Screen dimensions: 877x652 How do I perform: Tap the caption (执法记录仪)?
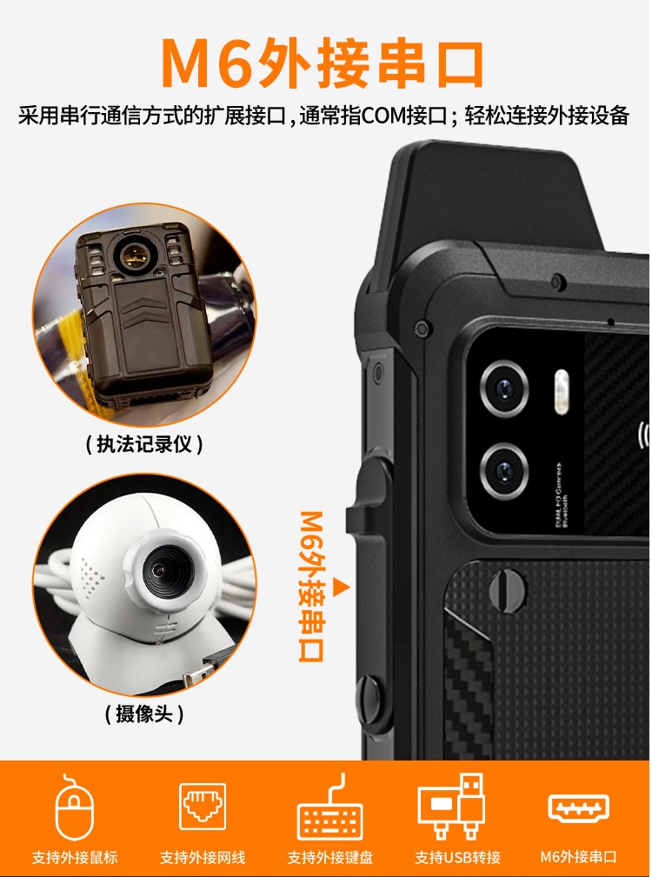click(x=144, y=445)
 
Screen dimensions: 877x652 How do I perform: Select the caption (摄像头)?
click(x=144, y=714)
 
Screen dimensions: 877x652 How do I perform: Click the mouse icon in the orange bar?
click(x=74, y=808)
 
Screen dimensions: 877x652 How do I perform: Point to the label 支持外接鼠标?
click(x=74, y=857)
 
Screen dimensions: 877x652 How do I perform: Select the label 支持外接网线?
click(x=202, y=857)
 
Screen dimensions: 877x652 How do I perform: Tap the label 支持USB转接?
click(x=457, y=857)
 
